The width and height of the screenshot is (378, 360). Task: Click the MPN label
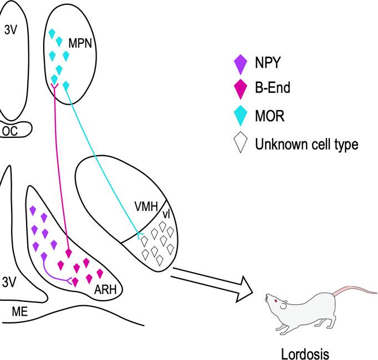(79, 42)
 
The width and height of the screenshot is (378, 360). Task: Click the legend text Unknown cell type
(307, 145)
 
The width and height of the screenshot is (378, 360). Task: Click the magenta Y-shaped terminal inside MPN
(55, 88)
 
